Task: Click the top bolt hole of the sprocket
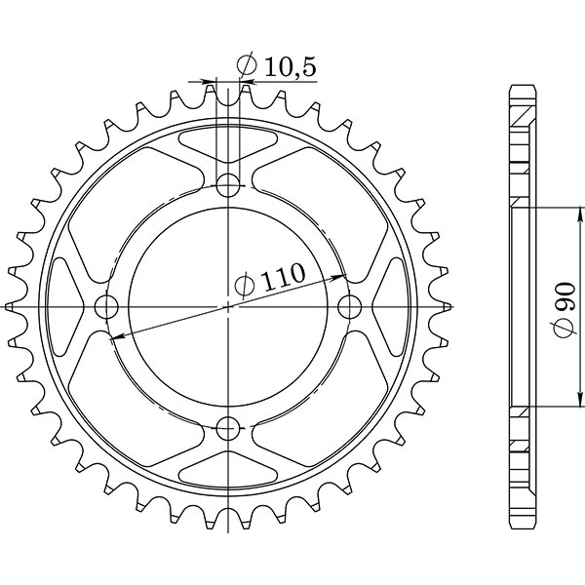pyautogui.click(x=228, y=183)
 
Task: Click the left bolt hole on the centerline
pyautogui.click(x=106, y=307)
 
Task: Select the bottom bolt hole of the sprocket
pyautogui.click(x=228, y=427)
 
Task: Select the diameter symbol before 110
pyautogui.click(x=248, y=285)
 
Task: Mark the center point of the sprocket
pyautogui.click(x=228, y=307)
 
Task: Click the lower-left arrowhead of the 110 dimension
pyautogui.click(x=115, y=337)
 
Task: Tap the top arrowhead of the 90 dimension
pyautogui.click(x=576, y=211)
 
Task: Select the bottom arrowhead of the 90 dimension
pyautogui.click(x=576, y=403)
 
